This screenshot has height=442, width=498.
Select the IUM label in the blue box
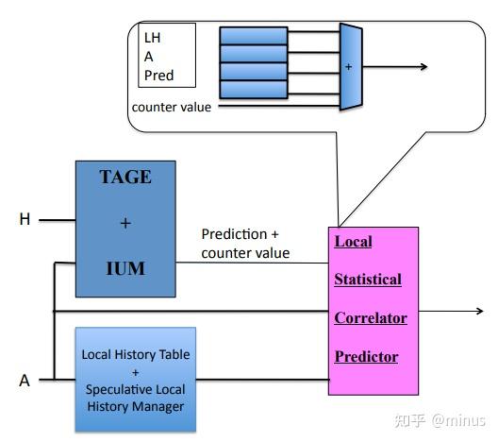click(124, 268)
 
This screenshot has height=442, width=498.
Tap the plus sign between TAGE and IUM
click(124, 223)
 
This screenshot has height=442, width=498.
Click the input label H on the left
click(25, 219)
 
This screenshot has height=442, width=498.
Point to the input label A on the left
click(25, 381)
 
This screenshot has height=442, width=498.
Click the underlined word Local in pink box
click(354, 242)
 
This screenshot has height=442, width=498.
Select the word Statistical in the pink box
click(368, 280)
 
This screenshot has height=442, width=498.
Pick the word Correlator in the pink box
click(371, 318)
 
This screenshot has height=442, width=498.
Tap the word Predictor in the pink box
click(367, 357)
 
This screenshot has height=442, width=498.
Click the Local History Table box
click(135, 380)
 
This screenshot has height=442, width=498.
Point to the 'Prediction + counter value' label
click(246, 244)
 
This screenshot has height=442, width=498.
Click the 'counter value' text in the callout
click(172, 107)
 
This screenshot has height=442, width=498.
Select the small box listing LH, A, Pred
click(167, 56)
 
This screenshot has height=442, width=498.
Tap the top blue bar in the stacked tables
click(253, 36)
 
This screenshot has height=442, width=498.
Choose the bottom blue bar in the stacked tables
click(253, 90)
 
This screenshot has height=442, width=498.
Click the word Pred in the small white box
click(159, 75)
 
